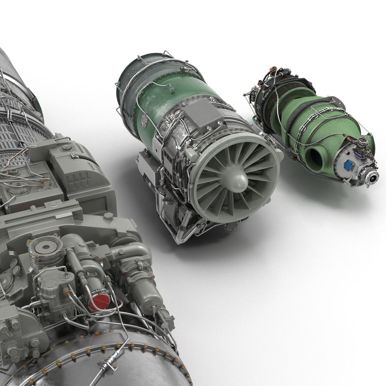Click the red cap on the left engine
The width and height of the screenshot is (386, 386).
tap(99, 302)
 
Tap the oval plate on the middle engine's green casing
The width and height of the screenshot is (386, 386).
tap(144, 121)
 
